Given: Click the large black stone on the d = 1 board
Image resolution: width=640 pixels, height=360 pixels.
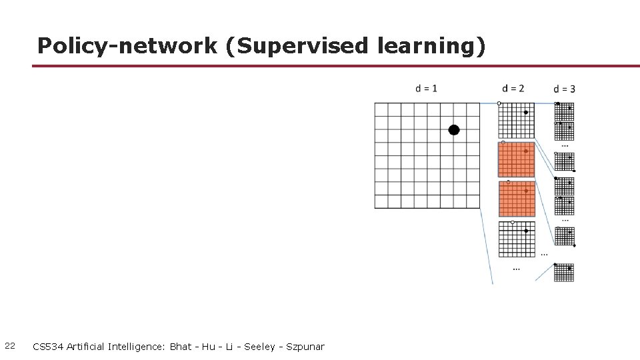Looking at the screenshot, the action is pos(454,130).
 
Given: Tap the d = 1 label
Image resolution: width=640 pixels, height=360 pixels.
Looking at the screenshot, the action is pos(426,88).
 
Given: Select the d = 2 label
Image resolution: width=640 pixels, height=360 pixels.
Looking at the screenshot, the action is pos(513,88).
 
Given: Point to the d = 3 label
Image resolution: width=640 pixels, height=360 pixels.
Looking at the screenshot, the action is pos(564,89).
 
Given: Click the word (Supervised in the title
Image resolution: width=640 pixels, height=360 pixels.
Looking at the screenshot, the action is pos(297,45).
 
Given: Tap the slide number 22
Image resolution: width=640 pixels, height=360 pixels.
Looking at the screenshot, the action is pos(10,346).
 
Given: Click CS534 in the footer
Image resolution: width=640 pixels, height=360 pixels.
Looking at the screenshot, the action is pos(48,347).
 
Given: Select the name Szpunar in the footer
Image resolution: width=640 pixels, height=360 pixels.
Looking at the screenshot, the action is pos(305,347).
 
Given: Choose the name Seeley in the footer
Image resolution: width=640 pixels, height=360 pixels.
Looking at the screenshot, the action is pos(259,347).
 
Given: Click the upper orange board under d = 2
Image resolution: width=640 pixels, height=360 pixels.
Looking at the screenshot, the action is pos(517,159).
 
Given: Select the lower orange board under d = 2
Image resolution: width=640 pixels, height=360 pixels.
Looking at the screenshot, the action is pos(517,199).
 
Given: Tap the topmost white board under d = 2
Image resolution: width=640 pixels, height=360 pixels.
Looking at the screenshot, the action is pos(517,121).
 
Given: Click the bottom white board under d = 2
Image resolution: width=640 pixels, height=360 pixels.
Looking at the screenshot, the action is pos(517,239).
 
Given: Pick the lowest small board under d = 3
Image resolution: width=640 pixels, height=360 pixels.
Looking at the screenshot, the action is pos(564,273).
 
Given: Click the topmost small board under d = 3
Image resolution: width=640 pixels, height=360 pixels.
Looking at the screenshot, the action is pos(564,111).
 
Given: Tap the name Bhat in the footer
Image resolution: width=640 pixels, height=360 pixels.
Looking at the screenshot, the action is pos(181,347).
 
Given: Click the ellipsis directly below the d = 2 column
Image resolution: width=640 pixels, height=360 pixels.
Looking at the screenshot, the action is pos(517,269).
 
